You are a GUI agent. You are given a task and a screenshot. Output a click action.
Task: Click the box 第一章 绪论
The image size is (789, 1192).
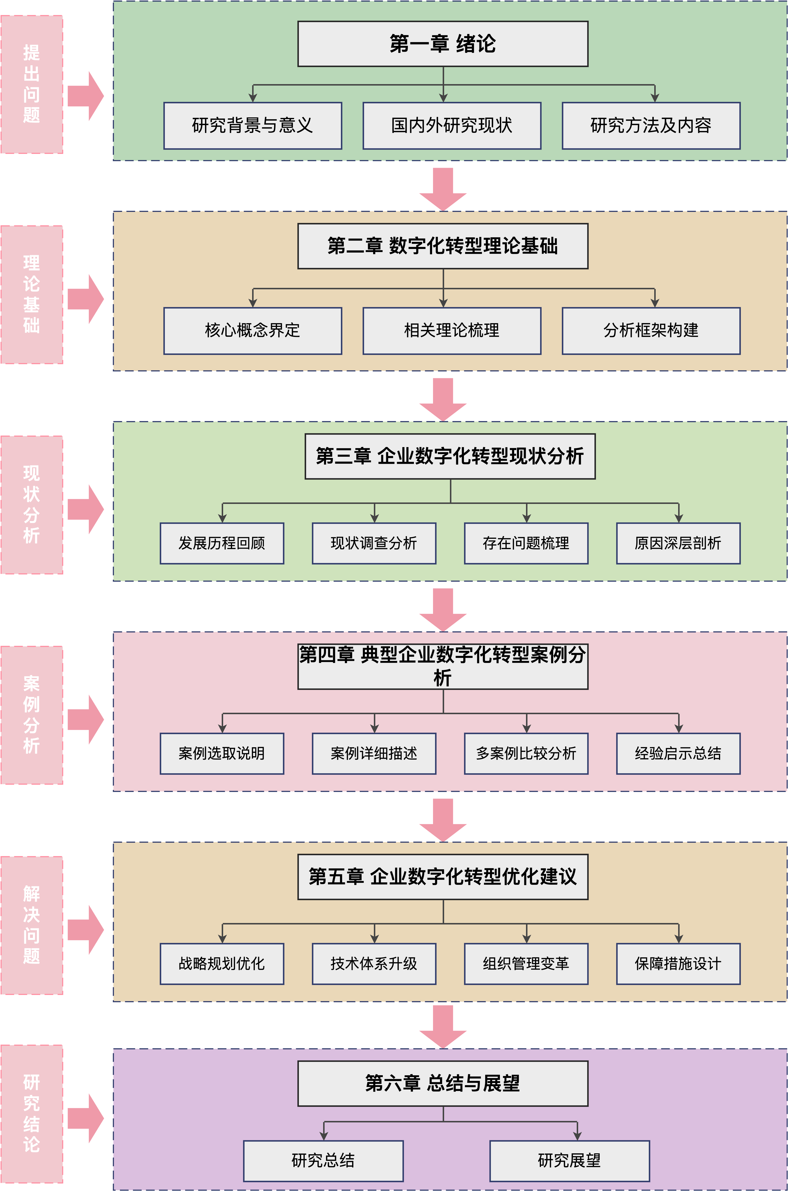443,44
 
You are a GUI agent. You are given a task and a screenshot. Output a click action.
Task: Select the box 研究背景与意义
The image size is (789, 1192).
253,125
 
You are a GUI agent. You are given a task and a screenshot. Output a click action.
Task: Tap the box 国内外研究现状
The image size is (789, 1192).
452,125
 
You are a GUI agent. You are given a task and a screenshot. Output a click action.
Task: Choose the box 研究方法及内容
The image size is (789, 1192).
651,125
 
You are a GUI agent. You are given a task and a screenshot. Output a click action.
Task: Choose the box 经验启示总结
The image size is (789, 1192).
678,753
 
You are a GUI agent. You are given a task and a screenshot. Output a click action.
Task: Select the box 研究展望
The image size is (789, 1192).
570,1161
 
